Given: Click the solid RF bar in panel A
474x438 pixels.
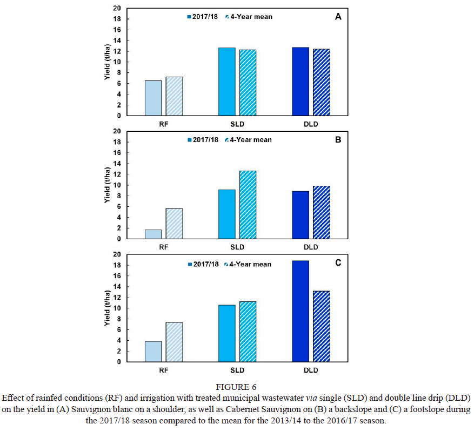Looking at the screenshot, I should pos(153,98).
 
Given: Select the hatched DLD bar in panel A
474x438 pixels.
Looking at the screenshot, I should pos(321,82).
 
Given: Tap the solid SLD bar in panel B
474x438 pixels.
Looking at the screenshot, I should pos(227,214).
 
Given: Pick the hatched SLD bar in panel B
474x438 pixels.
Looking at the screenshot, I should pos(248,205).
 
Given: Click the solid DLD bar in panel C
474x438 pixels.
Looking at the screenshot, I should pos(301,311).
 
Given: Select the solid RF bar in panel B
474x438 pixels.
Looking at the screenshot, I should pos(153,234).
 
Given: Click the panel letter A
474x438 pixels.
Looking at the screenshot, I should pos(338,17).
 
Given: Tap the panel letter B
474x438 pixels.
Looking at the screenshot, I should pos(338,139).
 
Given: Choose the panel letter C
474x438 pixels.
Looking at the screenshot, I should pos(338,263).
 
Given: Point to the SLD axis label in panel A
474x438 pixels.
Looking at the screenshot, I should pos(237,124).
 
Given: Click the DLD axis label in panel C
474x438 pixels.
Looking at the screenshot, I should pos(311,370).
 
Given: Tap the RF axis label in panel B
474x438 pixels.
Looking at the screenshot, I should pos(164,247).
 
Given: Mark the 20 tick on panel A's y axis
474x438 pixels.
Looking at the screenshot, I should pos(117,8).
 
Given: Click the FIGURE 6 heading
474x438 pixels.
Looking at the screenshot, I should pos(237,387).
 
